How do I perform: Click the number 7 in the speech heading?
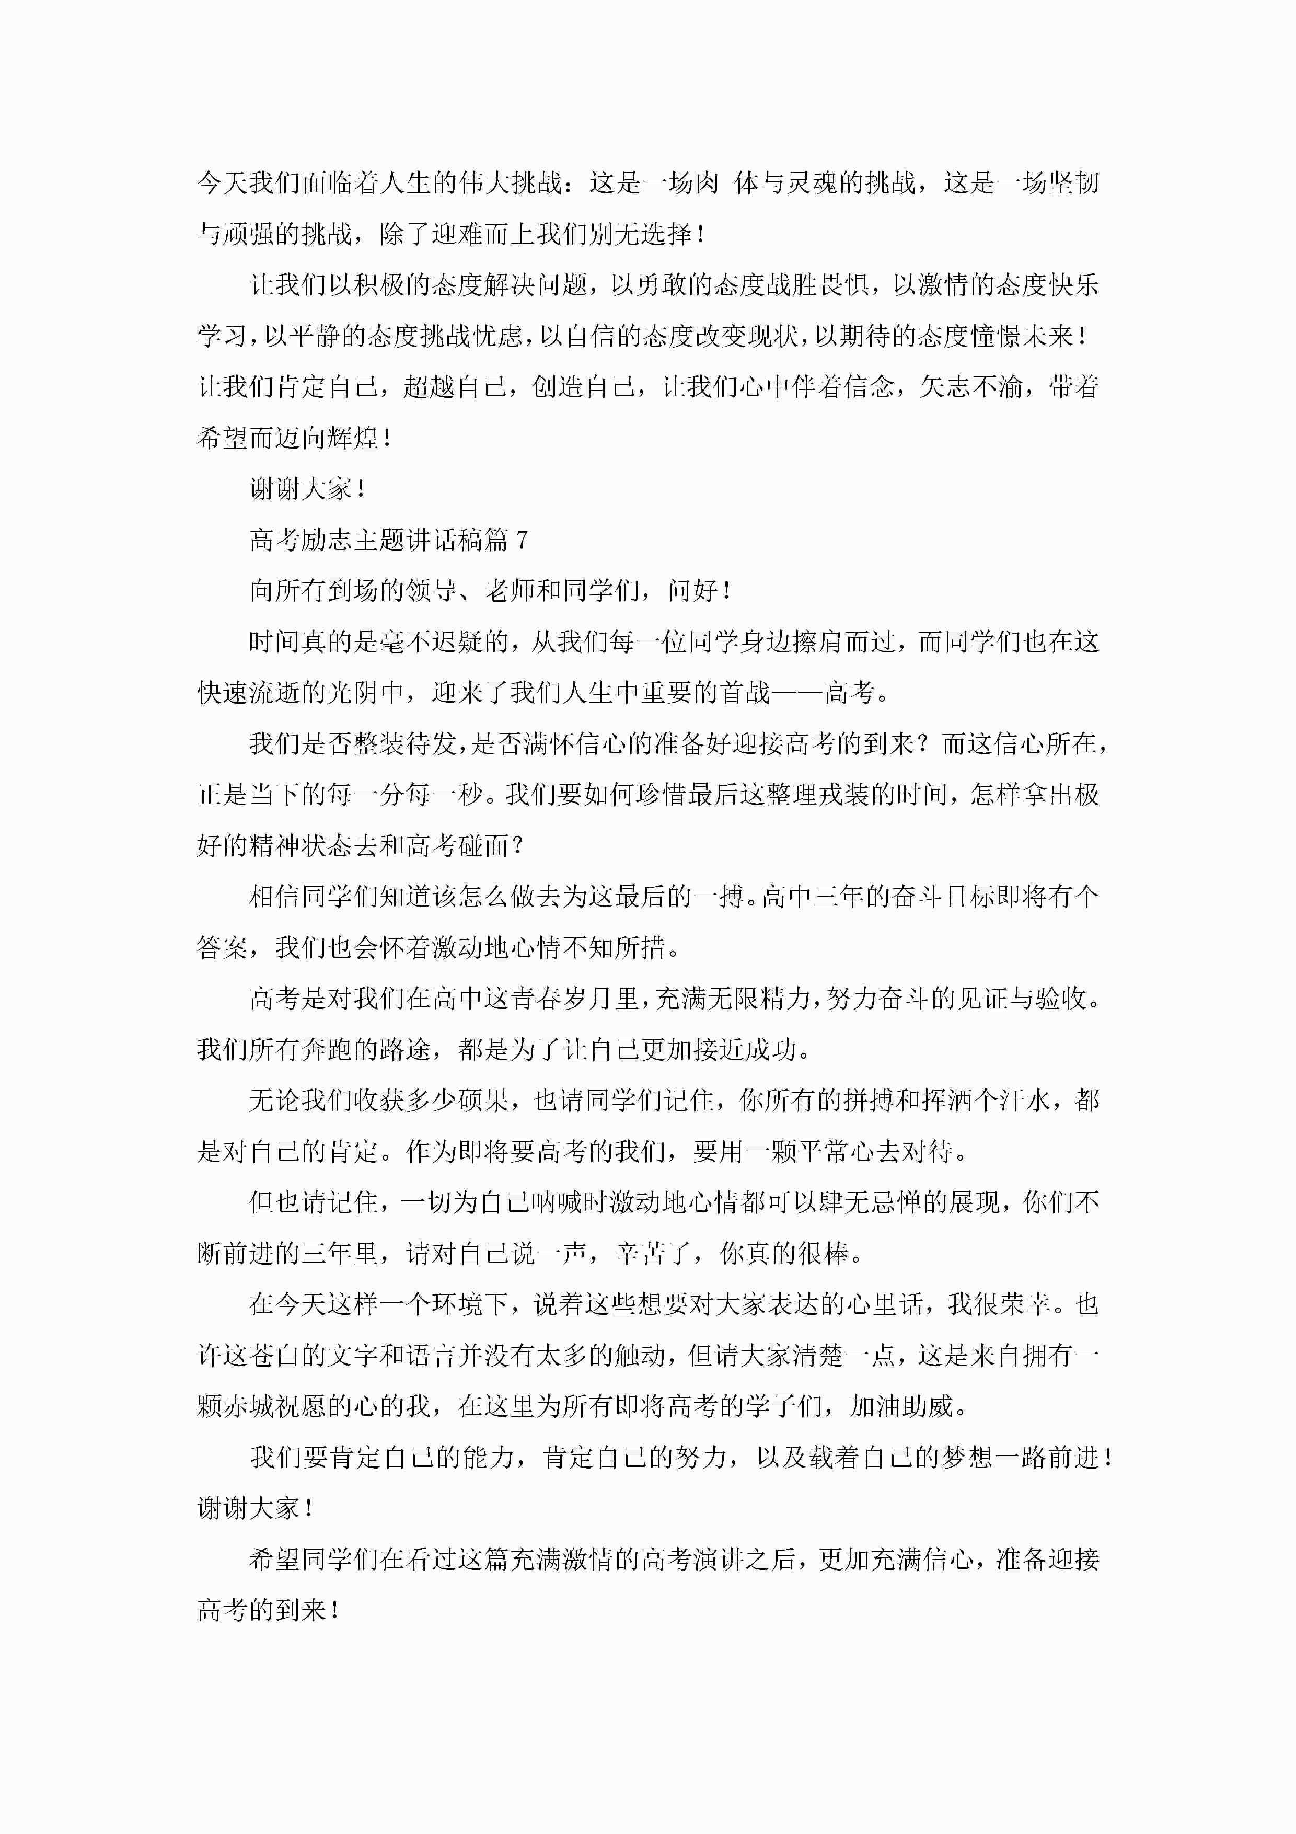522,541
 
